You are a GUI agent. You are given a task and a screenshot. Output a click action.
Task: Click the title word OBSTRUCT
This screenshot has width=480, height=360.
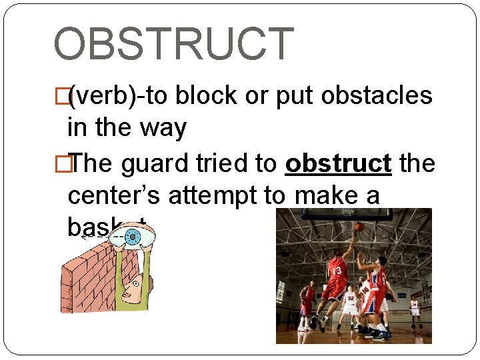[173, 44]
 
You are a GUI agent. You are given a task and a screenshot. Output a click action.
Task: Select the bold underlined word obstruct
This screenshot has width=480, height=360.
[337, 163]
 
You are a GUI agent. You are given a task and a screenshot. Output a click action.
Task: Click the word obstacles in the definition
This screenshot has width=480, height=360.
[377, 97]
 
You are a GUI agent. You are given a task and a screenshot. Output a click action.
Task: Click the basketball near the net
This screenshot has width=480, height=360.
[359, 226]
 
